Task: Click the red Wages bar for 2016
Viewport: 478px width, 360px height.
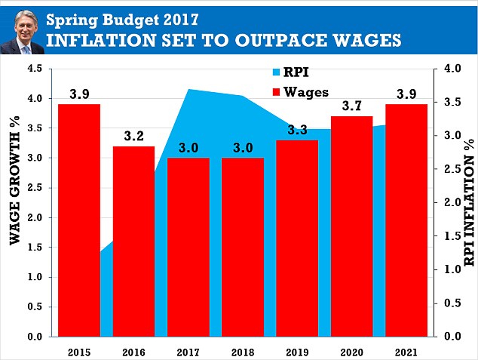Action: point(134,242)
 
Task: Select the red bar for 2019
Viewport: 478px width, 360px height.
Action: point(297,238)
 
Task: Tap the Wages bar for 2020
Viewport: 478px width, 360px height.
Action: point(352,226)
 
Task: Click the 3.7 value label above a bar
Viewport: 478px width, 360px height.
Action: point(352,106)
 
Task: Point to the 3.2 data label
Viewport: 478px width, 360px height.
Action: point(134,136)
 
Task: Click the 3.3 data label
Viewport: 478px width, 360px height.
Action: point(297,130)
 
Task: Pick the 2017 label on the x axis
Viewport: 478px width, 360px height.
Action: point(188,352)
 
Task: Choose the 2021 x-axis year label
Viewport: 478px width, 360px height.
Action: point(406,352)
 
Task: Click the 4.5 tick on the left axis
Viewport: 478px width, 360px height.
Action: point(35,69)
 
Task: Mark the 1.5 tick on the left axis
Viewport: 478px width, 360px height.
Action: point(35,247)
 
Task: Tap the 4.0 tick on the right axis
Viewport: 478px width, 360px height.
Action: point(452,69)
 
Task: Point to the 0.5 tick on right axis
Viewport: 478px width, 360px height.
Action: point(452,303)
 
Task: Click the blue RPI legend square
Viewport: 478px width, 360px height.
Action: point(276,72)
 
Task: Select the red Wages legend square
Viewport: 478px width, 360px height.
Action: point(276,92)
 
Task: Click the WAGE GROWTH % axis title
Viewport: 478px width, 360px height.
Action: point(14,180)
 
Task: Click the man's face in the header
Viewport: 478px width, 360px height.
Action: point(26,27)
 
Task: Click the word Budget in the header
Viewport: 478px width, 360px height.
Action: point(130,20)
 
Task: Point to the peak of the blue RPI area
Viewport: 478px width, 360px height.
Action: point(188,89)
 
